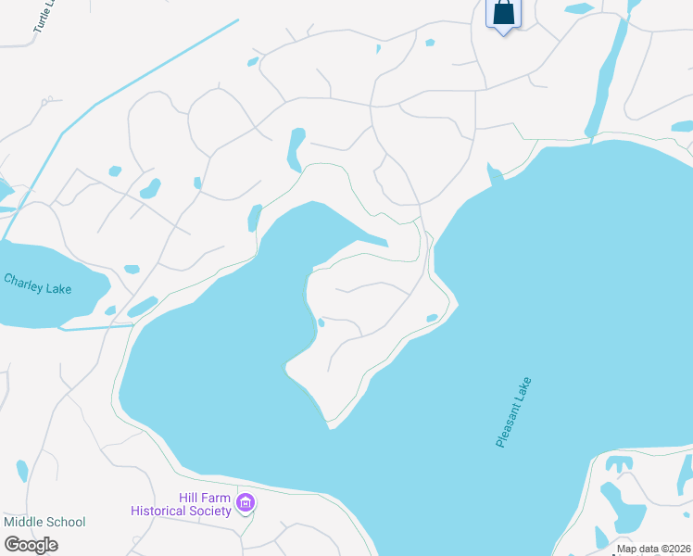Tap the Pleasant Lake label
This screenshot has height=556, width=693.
click(x=514, y=412)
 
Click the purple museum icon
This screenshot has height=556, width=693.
click(x=246, y=504)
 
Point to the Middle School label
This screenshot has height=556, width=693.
click(x=44, y=522)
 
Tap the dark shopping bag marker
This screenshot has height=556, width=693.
click(x=503, y=13)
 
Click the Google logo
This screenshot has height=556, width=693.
click(x=31, y=545)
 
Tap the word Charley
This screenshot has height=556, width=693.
click(x=24, y=280)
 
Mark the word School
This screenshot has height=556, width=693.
click(x=65, y=522)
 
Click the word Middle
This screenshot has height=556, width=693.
click(x=23, y=522)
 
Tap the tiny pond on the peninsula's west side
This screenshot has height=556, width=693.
click(x=321, y=322)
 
